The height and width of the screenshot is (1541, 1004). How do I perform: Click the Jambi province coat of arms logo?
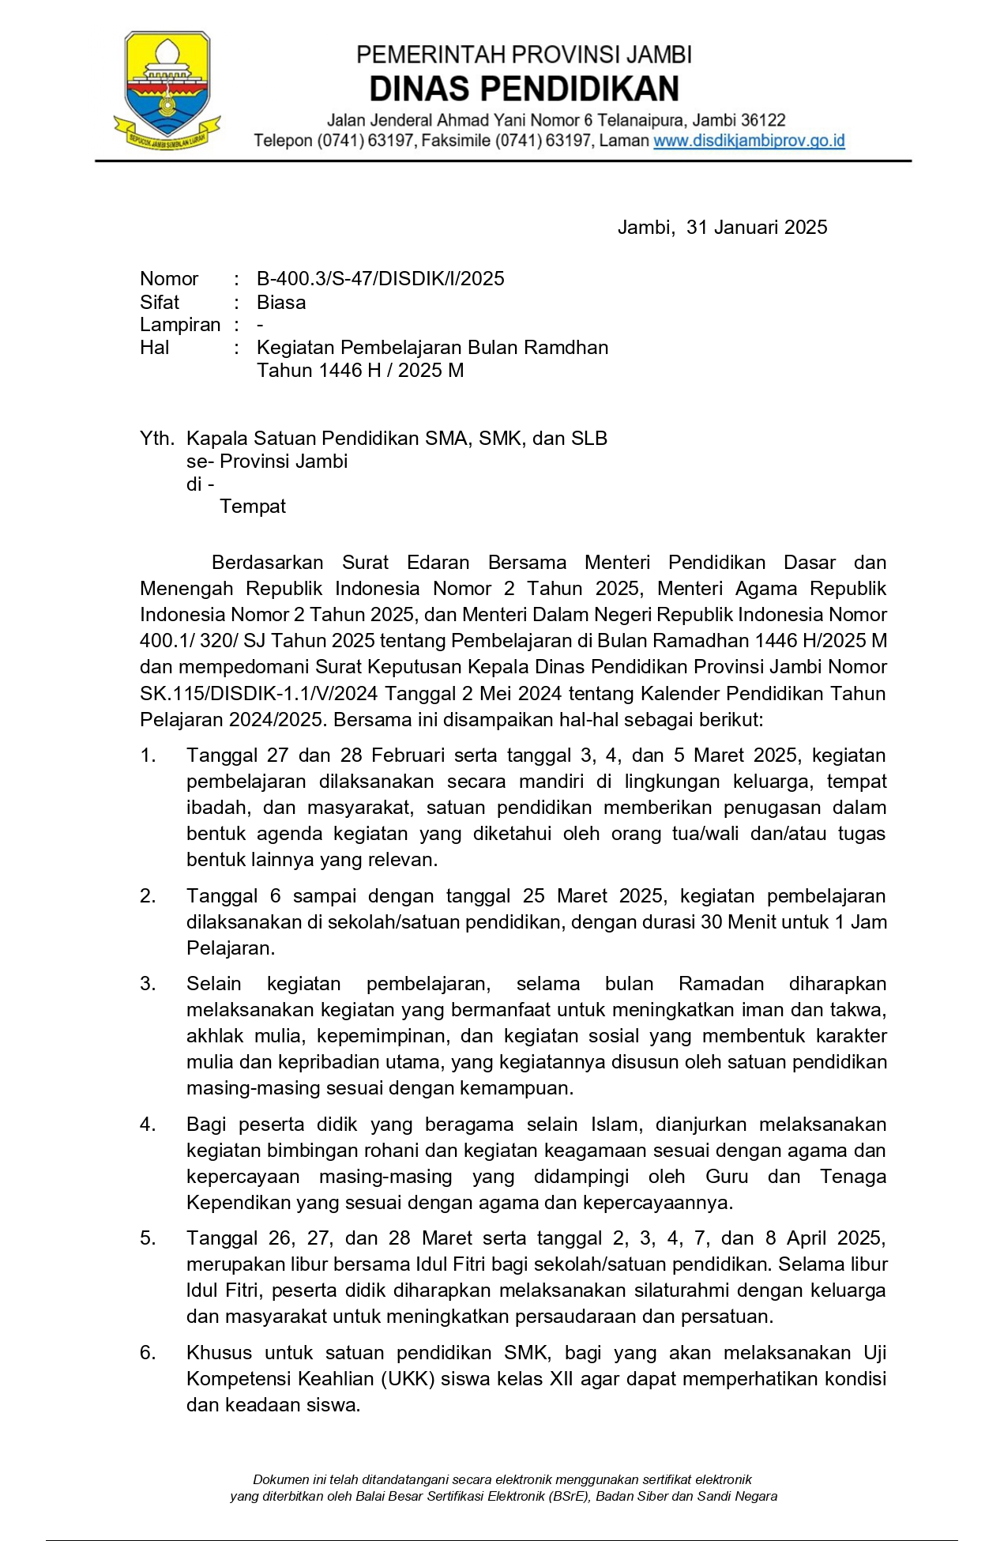167,90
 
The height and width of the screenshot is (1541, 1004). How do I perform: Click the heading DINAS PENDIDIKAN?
524,89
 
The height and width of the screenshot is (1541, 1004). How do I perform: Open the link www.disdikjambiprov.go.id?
749,141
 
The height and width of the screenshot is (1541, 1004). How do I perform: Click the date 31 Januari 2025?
756,228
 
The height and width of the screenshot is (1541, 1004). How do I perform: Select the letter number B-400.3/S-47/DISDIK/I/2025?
380,279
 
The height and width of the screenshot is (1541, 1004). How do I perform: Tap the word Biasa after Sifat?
281,303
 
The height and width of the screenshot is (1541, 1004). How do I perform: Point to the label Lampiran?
180,325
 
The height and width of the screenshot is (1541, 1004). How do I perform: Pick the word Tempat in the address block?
253,507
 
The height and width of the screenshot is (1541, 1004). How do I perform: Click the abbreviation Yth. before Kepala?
157,439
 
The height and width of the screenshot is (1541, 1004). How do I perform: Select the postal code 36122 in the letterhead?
763,121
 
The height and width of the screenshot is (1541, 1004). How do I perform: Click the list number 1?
148,755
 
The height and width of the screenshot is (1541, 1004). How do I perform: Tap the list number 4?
148,1125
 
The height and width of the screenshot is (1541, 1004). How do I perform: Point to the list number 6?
148,1353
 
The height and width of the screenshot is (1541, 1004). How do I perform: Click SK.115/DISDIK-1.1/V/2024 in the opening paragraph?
259,694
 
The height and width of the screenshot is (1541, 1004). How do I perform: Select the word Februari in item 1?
411,755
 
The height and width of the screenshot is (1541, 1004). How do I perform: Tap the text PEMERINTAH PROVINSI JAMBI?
524,55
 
